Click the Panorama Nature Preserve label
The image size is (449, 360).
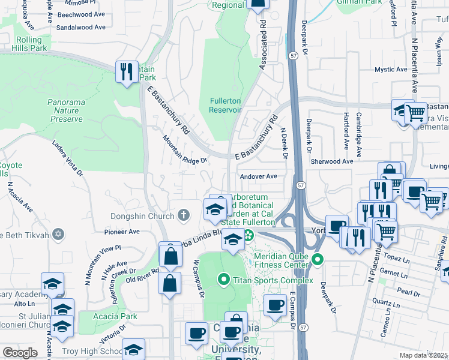66,110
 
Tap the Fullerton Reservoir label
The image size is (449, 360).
225,105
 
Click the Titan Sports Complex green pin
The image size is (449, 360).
224,280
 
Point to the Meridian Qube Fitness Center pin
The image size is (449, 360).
318,260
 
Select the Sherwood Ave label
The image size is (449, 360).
331,161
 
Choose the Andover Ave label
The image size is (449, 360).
258,176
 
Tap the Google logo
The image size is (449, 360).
20,353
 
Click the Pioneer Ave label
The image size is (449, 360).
122,232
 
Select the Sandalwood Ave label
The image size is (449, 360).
80,28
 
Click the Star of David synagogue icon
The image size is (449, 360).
58,233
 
